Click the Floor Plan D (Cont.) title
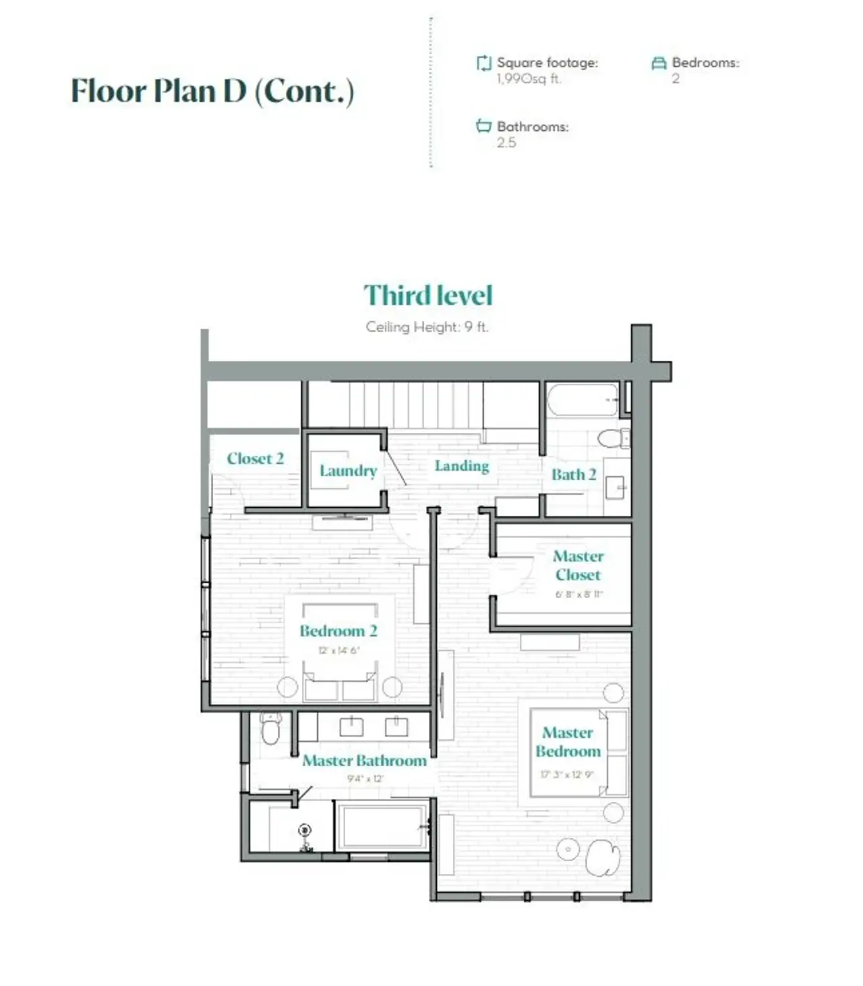pos(212,91)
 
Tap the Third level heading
pos(428,295)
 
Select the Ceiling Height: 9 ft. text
pos(427,327)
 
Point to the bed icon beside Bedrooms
pos(659,63)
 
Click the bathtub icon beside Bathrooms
pos(483,126)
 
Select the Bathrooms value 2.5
pos(506,142)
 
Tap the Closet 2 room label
pos(255,459)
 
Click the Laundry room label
pos(348,471)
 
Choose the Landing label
pos(462,466)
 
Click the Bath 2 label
pos(574,475)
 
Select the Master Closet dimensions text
pos(579,595)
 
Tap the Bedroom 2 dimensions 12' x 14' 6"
pos(339,651)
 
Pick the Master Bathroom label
pos(364,761)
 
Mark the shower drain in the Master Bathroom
pos(305,830)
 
